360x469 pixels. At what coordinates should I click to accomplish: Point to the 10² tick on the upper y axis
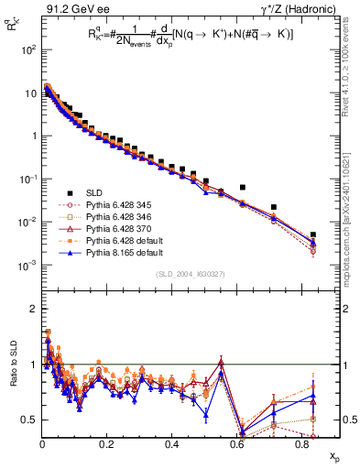(27, 49)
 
